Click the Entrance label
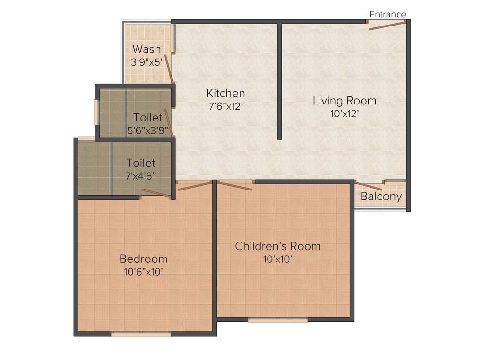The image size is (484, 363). point(388,14)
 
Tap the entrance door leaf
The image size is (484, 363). point(387,26)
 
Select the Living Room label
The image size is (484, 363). point(345,101)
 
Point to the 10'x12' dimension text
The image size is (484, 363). point(345,114)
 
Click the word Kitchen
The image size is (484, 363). point(225,93)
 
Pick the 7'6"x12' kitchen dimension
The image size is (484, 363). point(225,106)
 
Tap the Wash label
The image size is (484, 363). point(147,49)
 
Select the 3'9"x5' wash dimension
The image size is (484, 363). point(147,62)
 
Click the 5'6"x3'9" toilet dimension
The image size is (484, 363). point(147,130)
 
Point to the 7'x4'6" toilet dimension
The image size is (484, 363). point(140,176)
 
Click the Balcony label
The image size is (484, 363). point(381,196)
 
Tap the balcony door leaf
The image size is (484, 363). point(369,186)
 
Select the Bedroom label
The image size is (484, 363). point(144,259)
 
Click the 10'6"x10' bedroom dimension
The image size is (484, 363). point(144,272)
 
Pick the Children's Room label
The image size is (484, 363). point(277,246)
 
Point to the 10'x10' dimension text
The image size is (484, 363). point(277,259)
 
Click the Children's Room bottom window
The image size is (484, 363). point(278,320)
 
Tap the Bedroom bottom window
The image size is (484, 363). point(141,334)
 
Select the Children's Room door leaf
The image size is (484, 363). point(235,186)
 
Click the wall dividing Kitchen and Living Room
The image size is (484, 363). point(280,81)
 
